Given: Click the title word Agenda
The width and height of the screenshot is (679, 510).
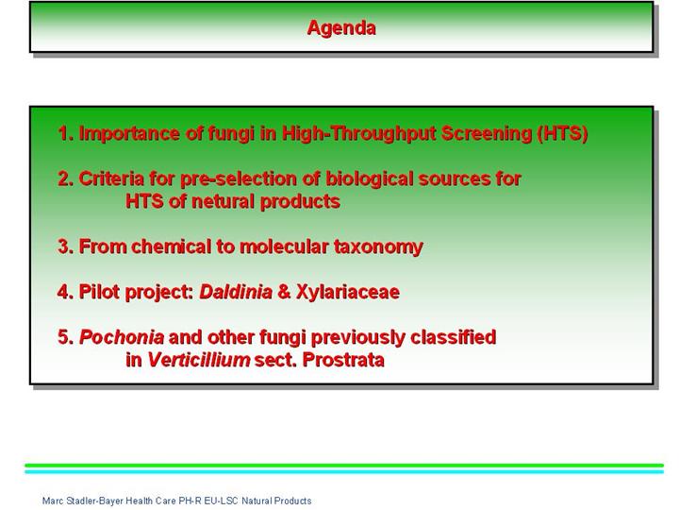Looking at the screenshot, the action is (x=341, y=28).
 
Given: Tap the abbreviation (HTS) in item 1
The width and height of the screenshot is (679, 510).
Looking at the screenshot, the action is (x=562, y=133).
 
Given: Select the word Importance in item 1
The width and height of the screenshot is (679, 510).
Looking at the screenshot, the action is (x=129, y=133).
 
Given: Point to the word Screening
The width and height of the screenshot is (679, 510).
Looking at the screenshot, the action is (x=487, y=133).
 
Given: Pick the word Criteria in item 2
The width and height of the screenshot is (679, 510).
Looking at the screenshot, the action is (x=111, y=178).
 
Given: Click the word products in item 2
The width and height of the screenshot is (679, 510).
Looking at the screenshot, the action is (x=301, y=202).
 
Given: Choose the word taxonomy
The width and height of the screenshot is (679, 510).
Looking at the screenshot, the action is (x=378, y=247).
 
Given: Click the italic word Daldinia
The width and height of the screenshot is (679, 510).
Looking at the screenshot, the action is (x=236, y=292).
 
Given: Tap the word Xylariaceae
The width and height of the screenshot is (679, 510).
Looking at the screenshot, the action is (x=348, y=292).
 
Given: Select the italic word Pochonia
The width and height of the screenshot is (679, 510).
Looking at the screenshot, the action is (x=122, y=337).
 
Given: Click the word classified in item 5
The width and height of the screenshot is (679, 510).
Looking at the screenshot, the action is (x=453, y=337).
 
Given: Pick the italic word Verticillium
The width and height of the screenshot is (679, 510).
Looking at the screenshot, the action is (x=199, y=360).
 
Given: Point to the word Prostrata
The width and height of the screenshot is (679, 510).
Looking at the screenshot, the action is (x=343, y=360).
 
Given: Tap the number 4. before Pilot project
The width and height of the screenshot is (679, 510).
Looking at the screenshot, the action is (x=65, y=292).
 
